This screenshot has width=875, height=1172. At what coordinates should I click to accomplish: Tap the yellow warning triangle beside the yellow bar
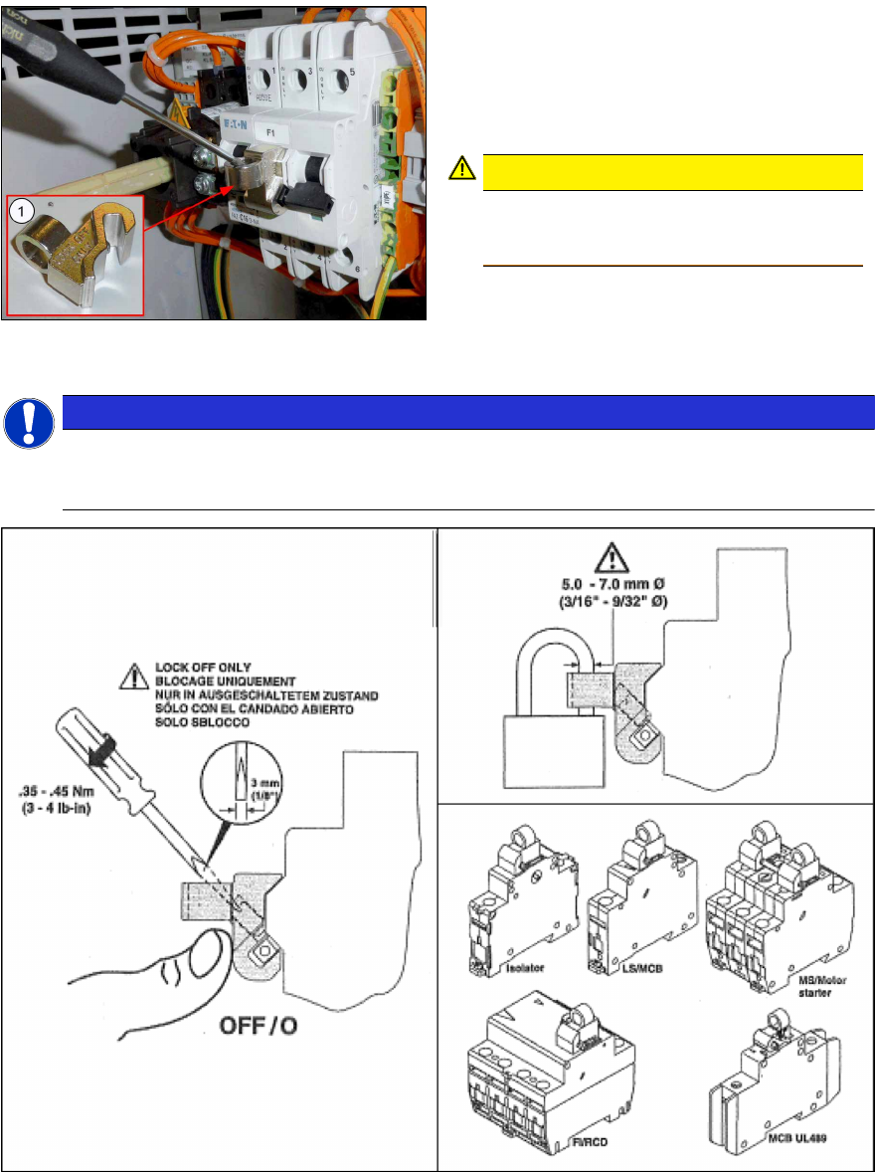462,170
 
